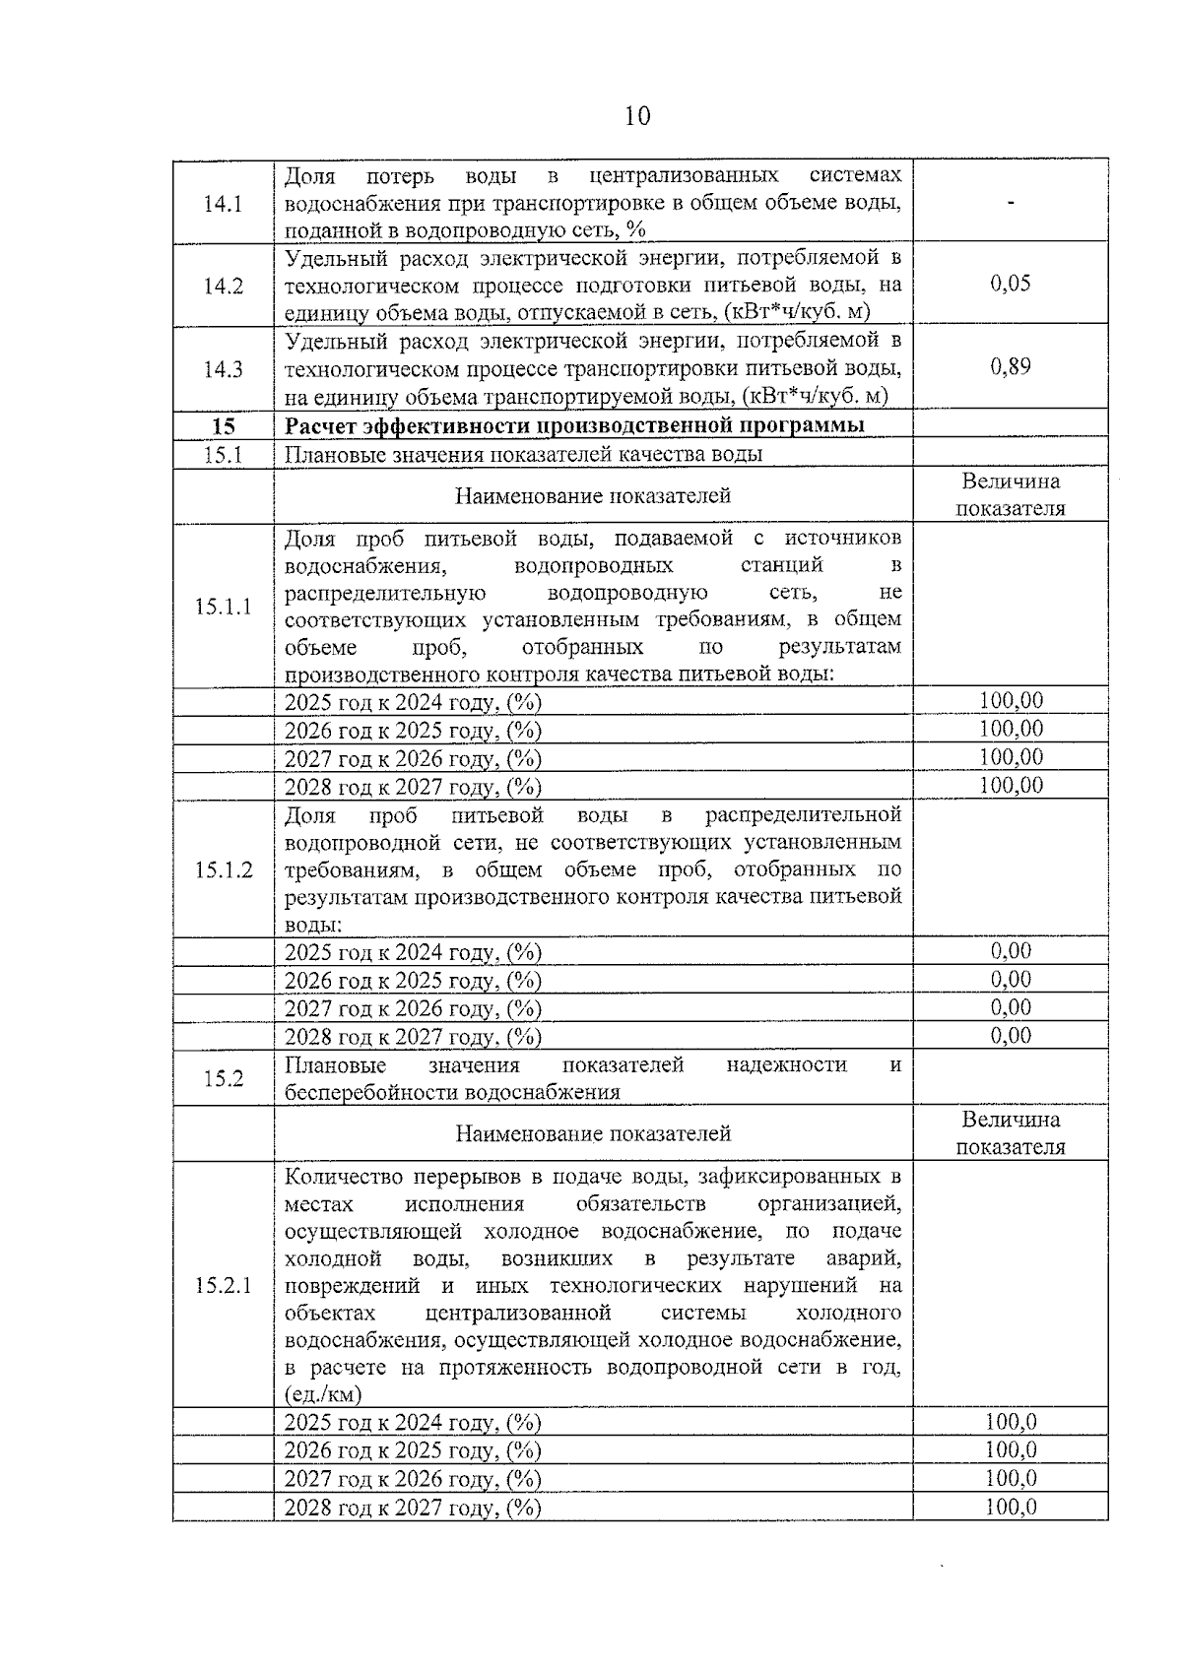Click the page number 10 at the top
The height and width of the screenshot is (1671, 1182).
point(636,116)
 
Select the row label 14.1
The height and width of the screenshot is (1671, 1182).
point(223,204)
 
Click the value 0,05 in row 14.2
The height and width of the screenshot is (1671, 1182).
point(1010,284)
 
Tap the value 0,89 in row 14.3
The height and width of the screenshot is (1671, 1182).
point(1010,367)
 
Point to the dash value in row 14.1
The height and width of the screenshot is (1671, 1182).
point(1011,203)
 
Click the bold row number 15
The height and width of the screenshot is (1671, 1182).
point(224,426)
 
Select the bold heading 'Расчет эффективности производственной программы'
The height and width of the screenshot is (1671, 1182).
point(574,425)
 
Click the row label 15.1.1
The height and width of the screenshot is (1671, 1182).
point(223,607)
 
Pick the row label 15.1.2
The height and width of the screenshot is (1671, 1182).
point(223,870)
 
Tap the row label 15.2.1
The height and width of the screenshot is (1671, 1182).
point(223,1286)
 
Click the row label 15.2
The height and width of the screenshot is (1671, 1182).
point(223,1078)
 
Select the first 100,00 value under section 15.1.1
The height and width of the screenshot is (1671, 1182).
point(1011,701)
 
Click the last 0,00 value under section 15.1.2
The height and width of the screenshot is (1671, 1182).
point(1011,1036)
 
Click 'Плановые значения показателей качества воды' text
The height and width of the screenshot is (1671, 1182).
point(523,454)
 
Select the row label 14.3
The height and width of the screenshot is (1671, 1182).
point(223,370)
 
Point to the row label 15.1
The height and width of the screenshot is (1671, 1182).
point(223,454)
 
